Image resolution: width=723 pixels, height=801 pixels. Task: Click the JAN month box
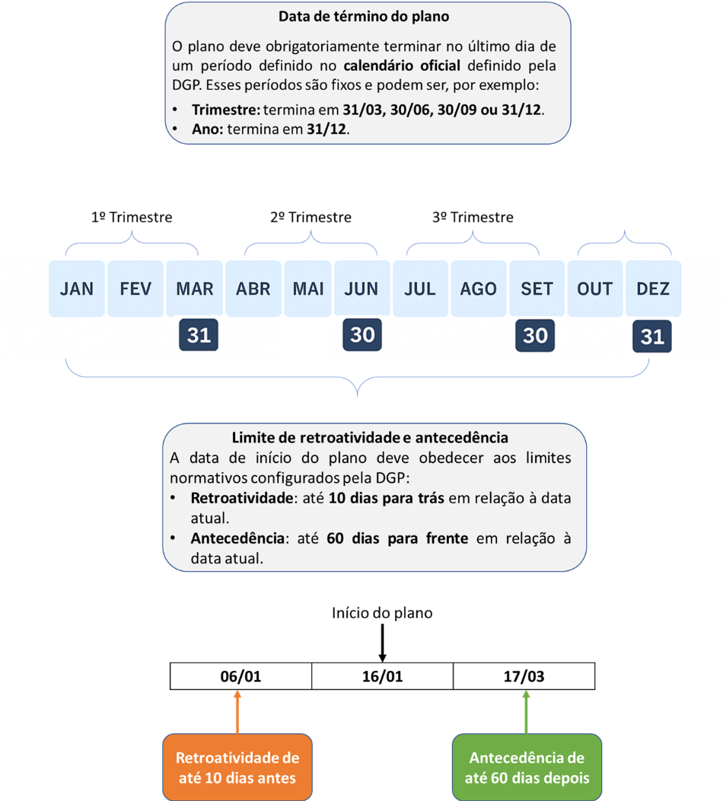(x=77, y=289)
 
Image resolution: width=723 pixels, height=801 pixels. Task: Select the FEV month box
(x=135, y=289)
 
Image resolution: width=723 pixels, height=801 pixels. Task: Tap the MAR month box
(x=194, y=289)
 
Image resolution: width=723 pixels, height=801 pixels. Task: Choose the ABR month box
(x=253, y=289)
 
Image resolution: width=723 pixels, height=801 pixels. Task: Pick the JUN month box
(x=361, y=289)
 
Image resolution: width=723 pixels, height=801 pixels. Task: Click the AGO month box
(x=479, y=289)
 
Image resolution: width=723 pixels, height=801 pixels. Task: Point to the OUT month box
(x=594, y=289)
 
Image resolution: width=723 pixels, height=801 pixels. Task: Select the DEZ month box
(x=653, y=289)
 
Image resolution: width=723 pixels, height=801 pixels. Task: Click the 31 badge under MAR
(x=199, y=335)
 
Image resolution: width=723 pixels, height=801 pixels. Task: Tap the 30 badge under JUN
(x=362, y=335)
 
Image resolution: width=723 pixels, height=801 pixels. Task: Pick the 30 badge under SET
(x=535, y=336)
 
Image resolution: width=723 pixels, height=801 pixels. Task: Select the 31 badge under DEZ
(x=652, y=336)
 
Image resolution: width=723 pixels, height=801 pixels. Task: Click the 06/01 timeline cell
(x=240, y=676)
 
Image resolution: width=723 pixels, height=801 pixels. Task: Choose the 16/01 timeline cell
(x=382, y=676)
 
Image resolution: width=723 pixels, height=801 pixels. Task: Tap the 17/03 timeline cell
(x=524, y=676)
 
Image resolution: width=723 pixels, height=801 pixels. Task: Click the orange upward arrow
(x=237, y=711)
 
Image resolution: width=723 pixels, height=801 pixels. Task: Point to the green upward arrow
(x=527, y=711)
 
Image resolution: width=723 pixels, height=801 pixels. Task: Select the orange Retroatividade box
(x=237, y=767)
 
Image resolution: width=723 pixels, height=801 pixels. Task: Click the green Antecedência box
(x=527, y=767)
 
